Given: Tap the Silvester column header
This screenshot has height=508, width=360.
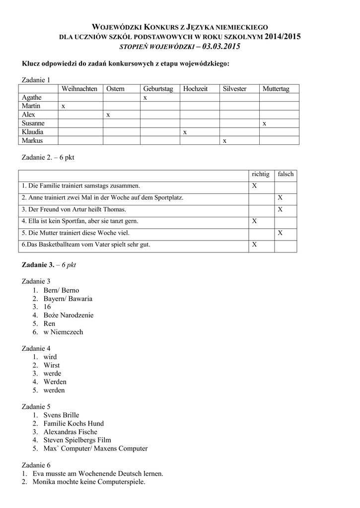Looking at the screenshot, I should (x=234, y=89).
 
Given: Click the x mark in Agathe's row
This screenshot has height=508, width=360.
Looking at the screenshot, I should (x=145, y=98).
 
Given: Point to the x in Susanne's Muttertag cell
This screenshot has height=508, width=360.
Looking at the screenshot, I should (x=264, y=123).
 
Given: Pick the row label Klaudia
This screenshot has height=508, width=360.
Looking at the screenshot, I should (x=32, y=132).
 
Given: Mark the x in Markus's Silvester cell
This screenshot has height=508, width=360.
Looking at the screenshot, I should (x=224, y=141).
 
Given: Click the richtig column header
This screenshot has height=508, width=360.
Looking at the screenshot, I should (x=261, y=174).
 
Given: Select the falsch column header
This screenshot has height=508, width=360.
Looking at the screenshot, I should (x=286, y=174).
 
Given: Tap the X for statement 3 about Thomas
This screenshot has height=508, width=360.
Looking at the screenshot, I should (x=280, y=209).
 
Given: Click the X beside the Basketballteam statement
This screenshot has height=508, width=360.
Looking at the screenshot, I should (x=255, y=245).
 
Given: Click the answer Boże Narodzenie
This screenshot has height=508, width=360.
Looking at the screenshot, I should (x=69, y=315).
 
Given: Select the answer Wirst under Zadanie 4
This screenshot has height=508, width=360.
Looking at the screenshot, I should (x=52, y=365).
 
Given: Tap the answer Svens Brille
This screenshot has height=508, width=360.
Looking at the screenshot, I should (x=61, y=415).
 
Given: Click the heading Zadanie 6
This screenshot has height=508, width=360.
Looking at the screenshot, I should (x=36, y=465).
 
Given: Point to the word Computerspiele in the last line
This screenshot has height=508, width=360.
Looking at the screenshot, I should (x=122, y=482).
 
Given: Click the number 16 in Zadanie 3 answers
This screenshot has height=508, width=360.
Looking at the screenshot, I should (x=48, y=307).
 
